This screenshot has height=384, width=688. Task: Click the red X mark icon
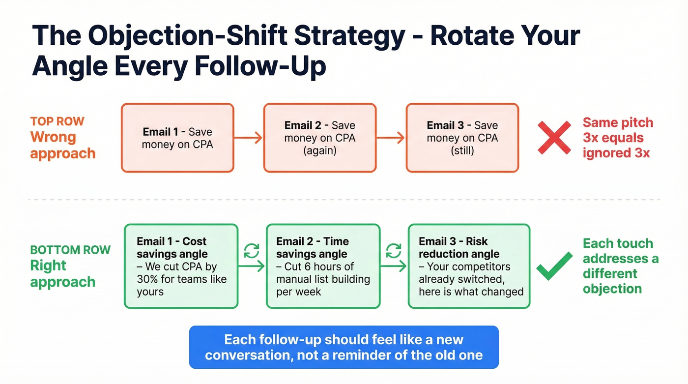click(x=554, y=138)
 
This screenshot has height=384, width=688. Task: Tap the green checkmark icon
click(x=554, y=266)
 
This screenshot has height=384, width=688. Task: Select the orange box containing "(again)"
click(x=319, y=138)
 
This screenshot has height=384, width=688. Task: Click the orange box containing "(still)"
click(x=462, y=138)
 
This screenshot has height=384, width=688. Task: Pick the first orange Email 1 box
click(x=177, y=138)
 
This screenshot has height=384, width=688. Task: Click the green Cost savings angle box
click(x=181, y=266)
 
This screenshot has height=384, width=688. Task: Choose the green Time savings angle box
click(x=323, y=266)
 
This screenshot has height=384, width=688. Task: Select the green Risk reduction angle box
click(x=469, y=266)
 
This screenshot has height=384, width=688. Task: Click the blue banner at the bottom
click(x=344, y=347)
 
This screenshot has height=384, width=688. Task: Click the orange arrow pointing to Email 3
click(x=391, y=138)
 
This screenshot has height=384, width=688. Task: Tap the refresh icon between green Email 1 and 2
click(x=252, y=251)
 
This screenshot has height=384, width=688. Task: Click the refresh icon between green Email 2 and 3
click(x=394, y=251)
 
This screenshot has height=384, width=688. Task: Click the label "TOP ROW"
click(x=57, y=121)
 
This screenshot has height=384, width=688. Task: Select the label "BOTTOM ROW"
click(x=70, y=249)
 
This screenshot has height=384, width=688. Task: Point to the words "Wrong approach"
click(x=62, y=145)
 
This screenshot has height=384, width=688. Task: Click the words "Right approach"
click(x=62, y=274)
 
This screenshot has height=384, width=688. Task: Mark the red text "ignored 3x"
click(x=616, y=153)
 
